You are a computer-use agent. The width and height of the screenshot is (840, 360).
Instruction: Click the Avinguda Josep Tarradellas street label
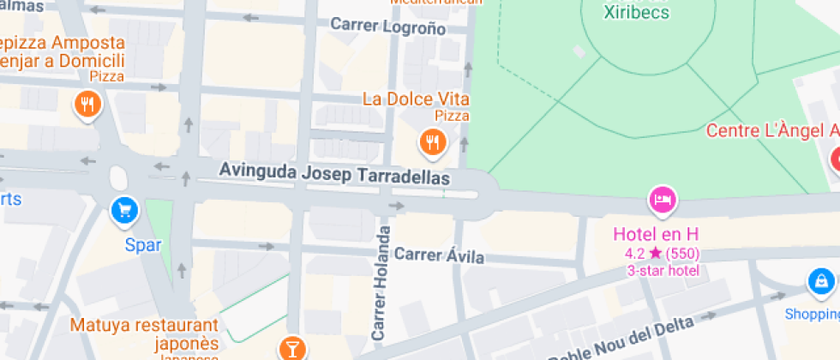[334, 173]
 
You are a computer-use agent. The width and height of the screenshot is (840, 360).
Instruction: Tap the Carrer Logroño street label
[387, 26]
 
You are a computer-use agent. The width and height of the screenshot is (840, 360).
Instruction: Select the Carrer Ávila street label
[439, 255]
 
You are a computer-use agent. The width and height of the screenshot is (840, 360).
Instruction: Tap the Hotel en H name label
[657, 233]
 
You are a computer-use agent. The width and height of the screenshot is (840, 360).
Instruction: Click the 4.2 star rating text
[660, 253]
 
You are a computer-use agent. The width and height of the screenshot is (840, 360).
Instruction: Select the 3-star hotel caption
[663, 271]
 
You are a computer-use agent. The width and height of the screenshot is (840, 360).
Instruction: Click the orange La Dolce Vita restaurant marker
[433, 142]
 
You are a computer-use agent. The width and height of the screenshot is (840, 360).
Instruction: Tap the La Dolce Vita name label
[416, 99]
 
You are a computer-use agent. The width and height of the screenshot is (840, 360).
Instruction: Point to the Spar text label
[143, 245]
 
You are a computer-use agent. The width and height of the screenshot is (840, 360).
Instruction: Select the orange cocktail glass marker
[292, 347]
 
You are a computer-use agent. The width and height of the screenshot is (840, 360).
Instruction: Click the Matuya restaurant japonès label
[144, 334]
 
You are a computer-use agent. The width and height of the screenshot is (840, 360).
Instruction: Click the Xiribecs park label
[636, 12]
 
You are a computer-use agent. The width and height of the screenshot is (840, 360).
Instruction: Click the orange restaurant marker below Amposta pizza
[87, 106]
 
